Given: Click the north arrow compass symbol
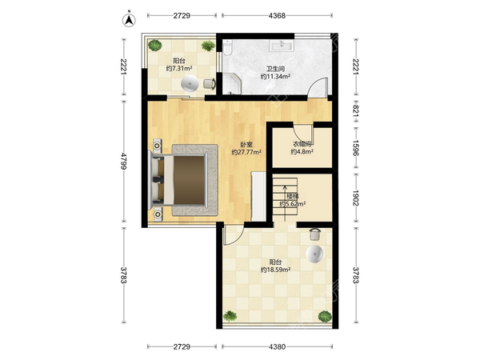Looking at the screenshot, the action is pyautogui.click(x=129, y=19).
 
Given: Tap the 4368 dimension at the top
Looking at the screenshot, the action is pyautogui.click(x=277, y=16).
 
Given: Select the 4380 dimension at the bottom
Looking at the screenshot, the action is pyautogui.click(x=277, y=347).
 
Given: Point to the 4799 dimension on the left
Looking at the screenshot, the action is pyautogui.click(x=124, y=161).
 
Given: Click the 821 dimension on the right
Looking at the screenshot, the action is pyautogui.click(x=356, y=110).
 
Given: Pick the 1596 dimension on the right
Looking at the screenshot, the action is pyautogui.click(x=356, y=148).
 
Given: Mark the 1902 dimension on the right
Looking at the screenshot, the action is pyautogui.click(x=356, y=198).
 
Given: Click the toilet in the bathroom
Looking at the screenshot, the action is pyautogui.click(x=227, y=47).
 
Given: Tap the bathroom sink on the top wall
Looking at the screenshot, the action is pyautogui.click(x=282, y=46).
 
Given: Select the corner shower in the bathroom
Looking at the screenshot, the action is pyautogui.click(x=232, y=83).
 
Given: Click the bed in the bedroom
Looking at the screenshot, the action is pyautogui.click(x=178, y=180).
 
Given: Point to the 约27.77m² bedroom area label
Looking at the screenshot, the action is pyautogui.click(x=246, y=152).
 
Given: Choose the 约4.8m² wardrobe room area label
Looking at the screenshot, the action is pyautogui.click(x=302, y=151).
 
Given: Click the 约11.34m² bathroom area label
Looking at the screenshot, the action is pyautogui.click(x=275, y=77).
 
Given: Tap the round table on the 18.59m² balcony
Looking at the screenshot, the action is pyautogui.click(x=314, y=254).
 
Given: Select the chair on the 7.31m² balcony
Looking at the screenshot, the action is pyautogui.click(x=210, y=83).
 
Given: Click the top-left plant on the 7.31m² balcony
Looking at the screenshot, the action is pyautogui.click(x=155, y=46).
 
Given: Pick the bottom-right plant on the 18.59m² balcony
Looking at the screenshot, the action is pyautogui.click(x=325, y=316).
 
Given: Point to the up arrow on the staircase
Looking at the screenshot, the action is pyautogui.click(x=285, y=203).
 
